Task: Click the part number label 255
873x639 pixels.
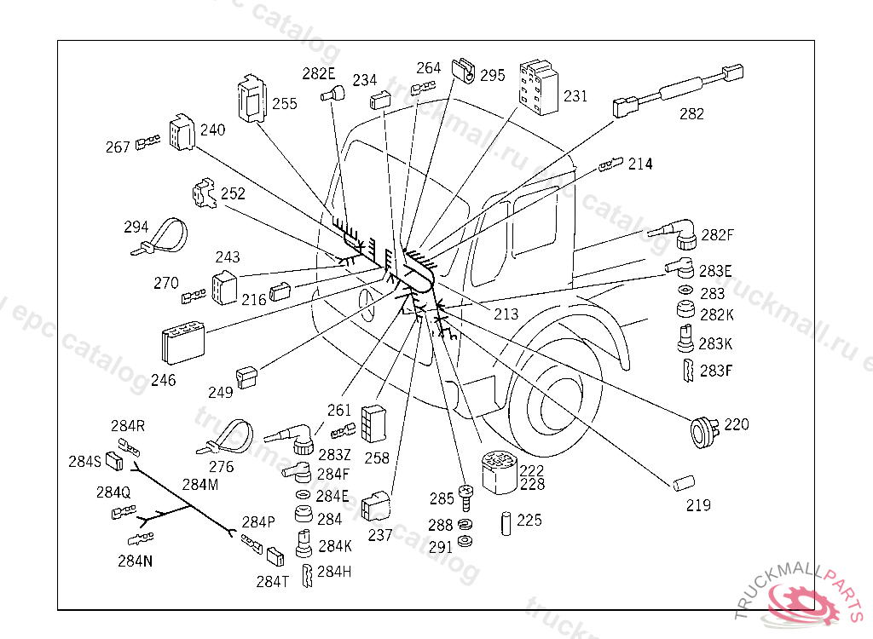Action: pyautogui.click(x=285, y=104)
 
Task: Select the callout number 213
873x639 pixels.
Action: pyautogui.click(x=506, y=314)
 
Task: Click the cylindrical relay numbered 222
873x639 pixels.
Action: pyautogui.click(x=501, y=471)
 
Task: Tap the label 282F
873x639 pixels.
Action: pyautogui.click(x=717, y=235)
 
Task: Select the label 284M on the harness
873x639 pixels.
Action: pyautogui.click(x=200, y=485)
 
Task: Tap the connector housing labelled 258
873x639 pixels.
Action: pyautogui.click(x=374, y=423)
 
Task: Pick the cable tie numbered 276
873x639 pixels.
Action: pyautogui.click(x=227, y=439)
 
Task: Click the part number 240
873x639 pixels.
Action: pyautogui.click(x=213, y=130)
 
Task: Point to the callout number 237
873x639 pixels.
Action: pyautogui.click(x=380, y=535)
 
